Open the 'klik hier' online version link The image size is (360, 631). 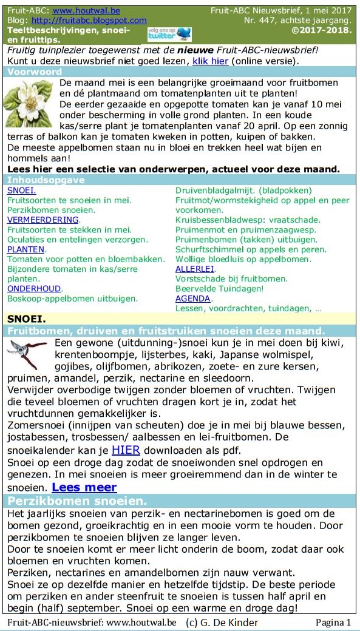[x=211, y=61]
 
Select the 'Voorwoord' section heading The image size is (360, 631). [x=35, y=72]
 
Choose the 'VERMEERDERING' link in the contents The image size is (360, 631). [x=43, y=220]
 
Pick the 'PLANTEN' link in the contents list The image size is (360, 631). [x=26, y=249]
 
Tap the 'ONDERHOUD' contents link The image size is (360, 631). [x=35, y=289]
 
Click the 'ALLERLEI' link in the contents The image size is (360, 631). [x=195, y=269]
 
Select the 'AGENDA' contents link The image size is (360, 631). [x=193, y=299]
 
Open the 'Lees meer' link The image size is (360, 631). [x=84, y=487]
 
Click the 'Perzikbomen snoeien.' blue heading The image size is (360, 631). [x=77, y=502]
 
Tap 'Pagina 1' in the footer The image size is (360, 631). [x=333, y=623]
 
